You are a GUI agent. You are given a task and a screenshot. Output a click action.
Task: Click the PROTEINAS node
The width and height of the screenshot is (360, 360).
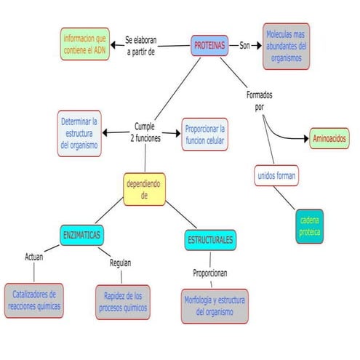(x=209, y=45)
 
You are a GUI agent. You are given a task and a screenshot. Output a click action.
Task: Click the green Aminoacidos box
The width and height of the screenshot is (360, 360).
(x=329, y=138)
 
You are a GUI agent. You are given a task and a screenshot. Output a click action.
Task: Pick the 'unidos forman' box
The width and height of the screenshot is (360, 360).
(x=277, y=175)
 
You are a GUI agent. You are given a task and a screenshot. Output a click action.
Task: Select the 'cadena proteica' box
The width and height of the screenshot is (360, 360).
(x=309, y=226)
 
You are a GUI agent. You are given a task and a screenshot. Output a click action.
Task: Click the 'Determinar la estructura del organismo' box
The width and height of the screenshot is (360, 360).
(x=80, y=133)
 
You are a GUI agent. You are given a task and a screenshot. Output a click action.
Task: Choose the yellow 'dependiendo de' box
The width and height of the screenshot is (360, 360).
(x=145, y=189)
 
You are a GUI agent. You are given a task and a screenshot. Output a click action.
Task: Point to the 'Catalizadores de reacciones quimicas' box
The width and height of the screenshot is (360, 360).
(x=35, y=300)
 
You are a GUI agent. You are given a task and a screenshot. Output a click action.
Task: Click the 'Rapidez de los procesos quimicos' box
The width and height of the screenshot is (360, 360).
(x=122, y=302)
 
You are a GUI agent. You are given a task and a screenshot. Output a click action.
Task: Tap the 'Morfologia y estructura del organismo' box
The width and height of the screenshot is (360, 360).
(x=215, y=305)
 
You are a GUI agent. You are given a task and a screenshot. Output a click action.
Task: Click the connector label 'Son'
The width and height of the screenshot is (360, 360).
(x=245, y=45)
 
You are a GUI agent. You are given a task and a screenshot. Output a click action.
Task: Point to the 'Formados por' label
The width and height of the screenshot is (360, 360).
(x=260, y=101)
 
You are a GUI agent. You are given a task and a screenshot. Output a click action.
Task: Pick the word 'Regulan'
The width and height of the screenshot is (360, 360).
(x=120, y=263)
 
